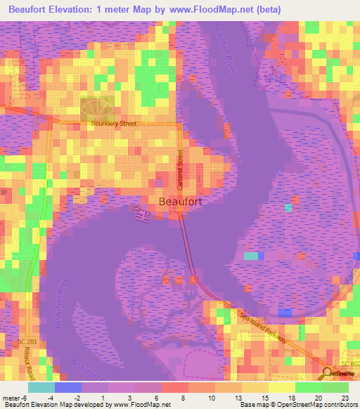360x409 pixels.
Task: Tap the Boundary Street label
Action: click(113, 124)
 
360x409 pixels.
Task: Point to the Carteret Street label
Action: click(180, 167)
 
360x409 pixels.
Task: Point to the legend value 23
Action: click(345, 398)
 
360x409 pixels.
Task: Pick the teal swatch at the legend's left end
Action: click(41, 387)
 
